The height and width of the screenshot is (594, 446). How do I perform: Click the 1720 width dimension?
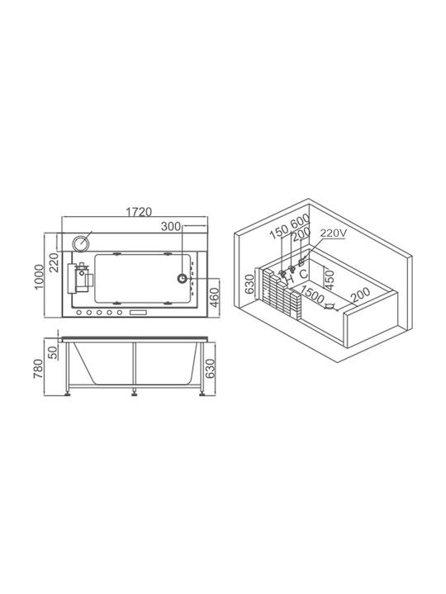(139, 212)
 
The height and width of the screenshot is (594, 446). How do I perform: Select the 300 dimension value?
(171, 227)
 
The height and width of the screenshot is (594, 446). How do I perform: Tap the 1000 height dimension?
(40, 277)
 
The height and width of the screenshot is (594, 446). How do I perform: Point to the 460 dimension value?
(214, 298)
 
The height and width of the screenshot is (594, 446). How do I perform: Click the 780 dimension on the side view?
(39, 369)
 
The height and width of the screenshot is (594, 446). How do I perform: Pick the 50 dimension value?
(53, 352)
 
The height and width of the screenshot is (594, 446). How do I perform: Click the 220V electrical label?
(333, 233)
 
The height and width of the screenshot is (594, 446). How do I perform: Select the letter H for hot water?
(290, 279)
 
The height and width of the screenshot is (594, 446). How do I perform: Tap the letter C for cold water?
(303, 274)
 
